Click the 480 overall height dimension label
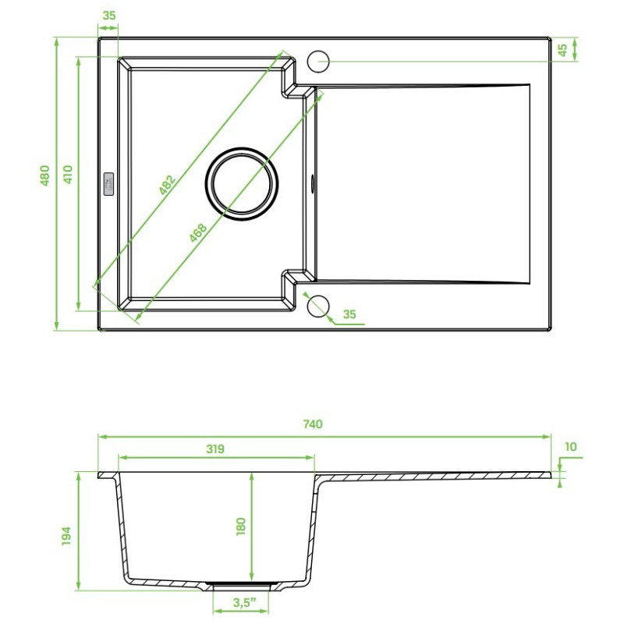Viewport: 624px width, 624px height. [45, 175]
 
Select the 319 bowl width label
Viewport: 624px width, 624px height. [215, 448]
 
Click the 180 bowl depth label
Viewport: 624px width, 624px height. [240, 527]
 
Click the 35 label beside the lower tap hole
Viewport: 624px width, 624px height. [349, 314]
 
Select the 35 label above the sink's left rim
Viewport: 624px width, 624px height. [108, 16]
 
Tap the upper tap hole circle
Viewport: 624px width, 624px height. [320, 61]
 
